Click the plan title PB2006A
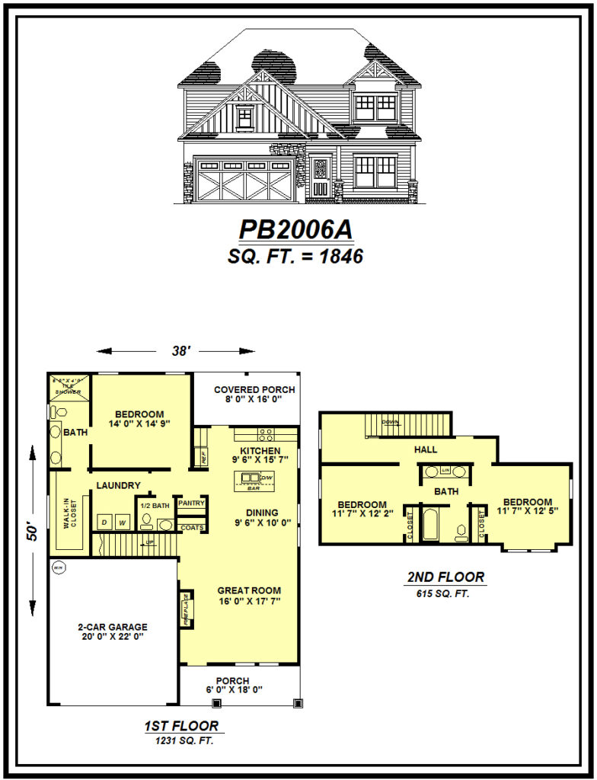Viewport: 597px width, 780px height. coord(296,229)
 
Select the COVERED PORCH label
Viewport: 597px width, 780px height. coord(254,389)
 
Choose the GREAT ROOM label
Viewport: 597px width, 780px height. coord(249,590)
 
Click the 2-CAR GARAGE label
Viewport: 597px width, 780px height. coord(112,628)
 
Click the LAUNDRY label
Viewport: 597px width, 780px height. coord(118,485)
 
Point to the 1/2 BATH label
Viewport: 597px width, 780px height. coord(154,504)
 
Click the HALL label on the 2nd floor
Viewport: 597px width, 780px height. coord(426,450)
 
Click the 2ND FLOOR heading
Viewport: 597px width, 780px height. coord(445,577)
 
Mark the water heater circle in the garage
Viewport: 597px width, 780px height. coord(58,567)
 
